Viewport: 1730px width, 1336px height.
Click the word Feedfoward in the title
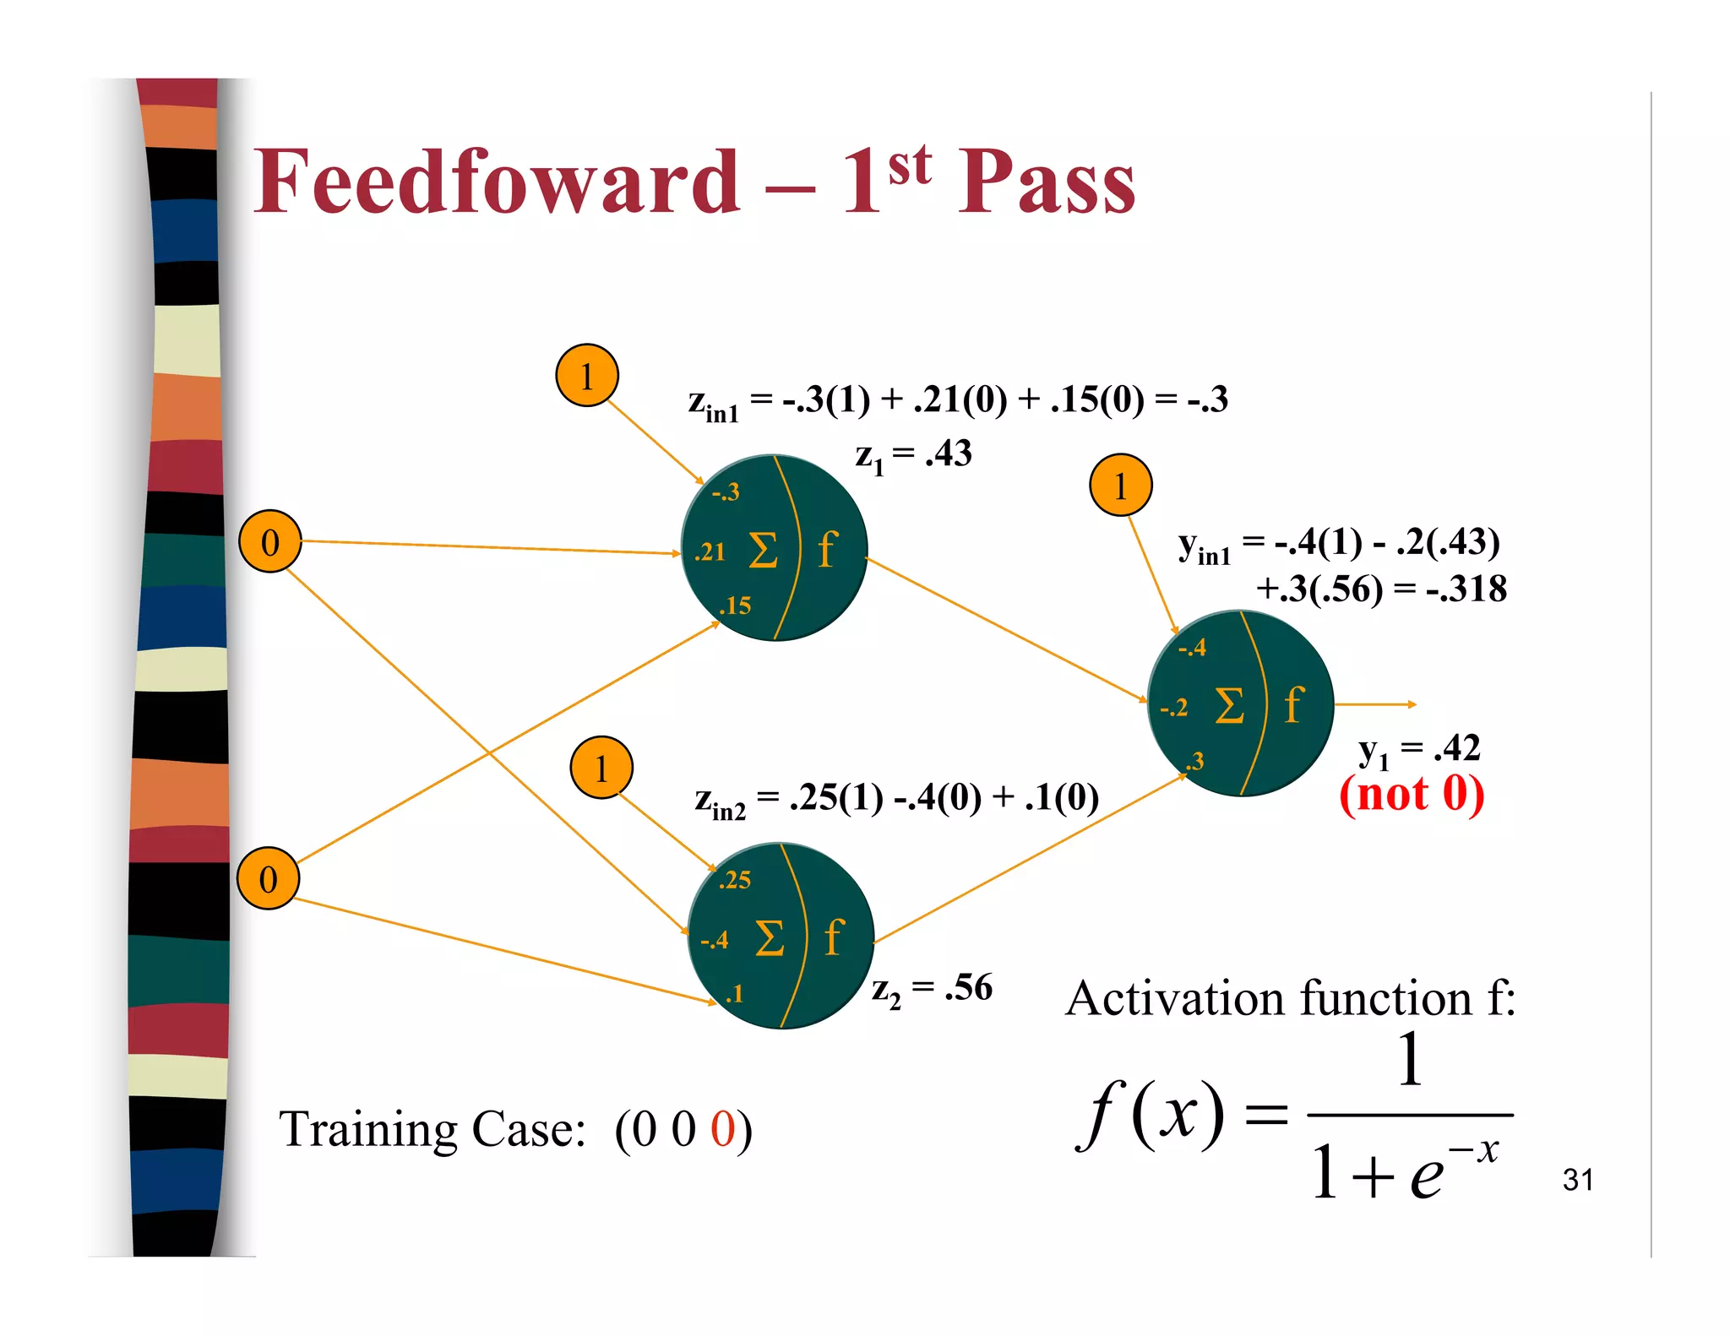pos(497,182)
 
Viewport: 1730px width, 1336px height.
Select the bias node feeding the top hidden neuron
pos(587,375)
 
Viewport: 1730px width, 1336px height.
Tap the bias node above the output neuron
pos(1121,486)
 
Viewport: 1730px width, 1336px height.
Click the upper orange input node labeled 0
pos(270,542)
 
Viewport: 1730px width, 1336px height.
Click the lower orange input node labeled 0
pos(268,879)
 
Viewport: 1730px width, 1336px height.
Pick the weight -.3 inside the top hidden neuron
pos(725,491)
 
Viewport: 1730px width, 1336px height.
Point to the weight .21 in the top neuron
pos(710,552)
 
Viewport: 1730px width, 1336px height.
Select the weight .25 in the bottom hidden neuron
pos(734,880)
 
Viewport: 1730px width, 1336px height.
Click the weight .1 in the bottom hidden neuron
pos(733,994)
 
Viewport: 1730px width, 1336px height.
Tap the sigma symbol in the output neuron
pos(1229,705)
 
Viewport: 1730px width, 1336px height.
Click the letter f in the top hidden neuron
pos(827,550)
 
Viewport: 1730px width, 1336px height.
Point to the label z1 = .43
pos(913,455)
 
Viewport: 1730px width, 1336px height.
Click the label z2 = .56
pos(932,988)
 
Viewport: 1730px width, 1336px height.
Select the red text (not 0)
pos(1412,794)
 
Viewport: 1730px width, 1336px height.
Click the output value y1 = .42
pos(1419,749)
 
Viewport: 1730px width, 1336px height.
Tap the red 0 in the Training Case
pos(722,1129)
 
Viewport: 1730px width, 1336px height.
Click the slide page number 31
pos(1577,1180)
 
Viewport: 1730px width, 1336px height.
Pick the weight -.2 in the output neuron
pos(1173,708)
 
